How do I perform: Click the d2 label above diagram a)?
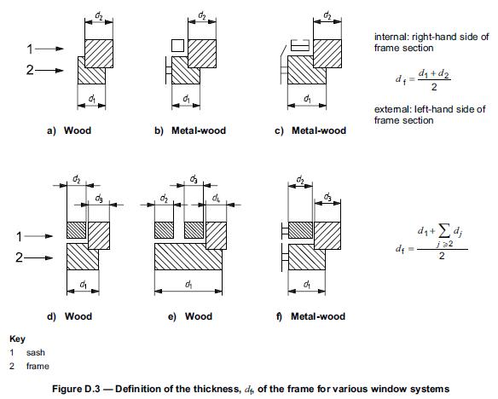pyautogui.click(x=99, y=16)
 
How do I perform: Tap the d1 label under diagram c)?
pyautogui.click(x=307, y=99)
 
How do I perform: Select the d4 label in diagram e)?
pyautogui.click(x=216, y=199)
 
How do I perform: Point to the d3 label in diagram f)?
pyautogui.click(x=327, y=196)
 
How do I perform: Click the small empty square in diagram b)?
pyautogui.click(x=177, y=45)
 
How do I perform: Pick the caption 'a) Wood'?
pyautogui.click(x=69, y=130)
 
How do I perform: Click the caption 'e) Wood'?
pyautogui.click(x=190, y=316)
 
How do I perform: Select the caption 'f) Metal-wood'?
pyautogui.click(x=310, y=316)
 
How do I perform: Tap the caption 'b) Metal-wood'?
pyautogui.click(x=190, y=130)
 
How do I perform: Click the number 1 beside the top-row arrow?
pyautogui.click(x=30, y=49)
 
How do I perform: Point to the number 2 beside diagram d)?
pyautogui.click(x=19, y=257)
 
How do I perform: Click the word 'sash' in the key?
pyautogui.click(x=36, y=353)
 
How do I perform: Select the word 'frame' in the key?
pyautogui.click(x=38, y=367)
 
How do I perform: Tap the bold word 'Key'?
pyautogui.click(x=17, y=339)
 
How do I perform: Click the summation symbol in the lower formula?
pyautogui.click(x=444, y=232)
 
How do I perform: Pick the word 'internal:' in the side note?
pyautogui.click(x=391, y=37)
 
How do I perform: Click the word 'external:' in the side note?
pyautogui.click(x=392, y=109)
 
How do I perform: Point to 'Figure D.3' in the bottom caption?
pyautogui.click(x=76, y=389)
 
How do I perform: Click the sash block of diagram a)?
pyautogui.click(x=99, y=54)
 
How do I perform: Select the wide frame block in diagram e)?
pyautogui.click(x=188, y=257)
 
